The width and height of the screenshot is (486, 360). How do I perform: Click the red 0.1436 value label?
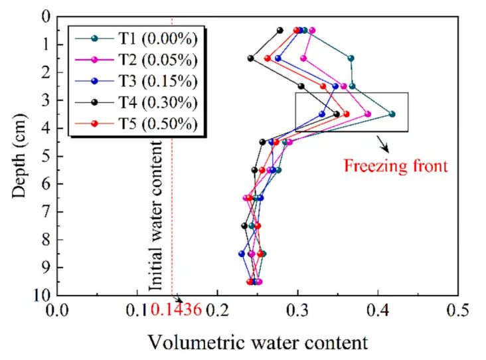[176, 310]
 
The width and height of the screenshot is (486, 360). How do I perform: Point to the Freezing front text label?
[396, 165]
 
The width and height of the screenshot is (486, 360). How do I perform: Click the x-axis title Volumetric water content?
[257, 343]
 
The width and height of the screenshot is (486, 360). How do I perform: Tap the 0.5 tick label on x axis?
[458, 310]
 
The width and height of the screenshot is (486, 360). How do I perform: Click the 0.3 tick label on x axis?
[298, 310]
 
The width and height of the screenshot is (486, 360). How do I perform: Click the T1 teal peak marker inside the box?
[392, 114]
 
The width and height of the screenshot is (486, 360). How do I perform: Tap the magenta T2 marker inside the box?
[368, 114]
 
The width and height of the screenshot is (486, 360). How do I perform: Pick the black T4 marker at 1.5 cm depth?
[250, 58]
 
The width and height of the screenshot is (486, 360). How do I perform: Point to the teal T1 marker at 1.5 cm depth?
[351, 58]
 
